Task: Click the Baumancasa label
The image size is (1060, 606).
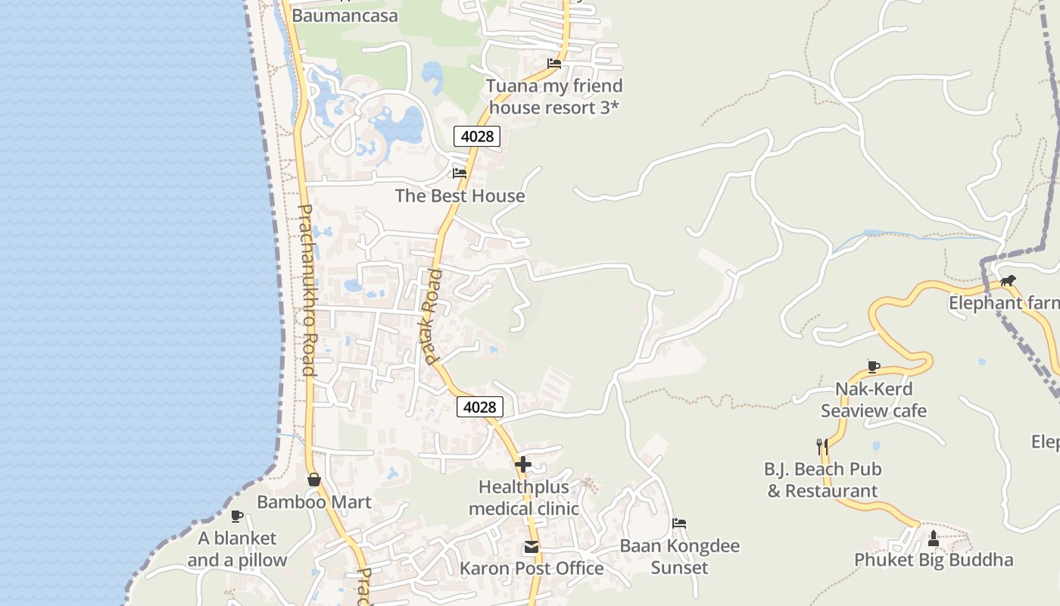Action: click(x=344, y=16)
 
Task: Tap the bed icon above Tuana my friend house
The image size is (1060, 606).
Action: click(x=554, y=64)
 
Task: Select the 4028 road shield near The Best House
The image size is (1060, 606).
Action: click(x=477, y=136)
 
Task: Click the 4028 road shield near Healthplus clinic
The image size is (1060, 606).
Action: click(x=480, y=407)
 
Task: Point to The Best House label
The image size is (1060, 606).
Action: click(x=460, y=196)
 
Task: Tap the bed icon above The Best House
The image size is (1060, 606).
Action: click(x=459, y=173)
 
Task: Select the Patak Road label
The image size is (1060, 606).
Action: click(x=429, y=316)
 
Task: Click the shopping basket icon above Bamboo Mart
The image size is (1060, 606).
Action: click(x=314, y=479)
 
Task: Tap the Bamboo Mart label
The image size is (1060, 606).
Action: click(x=314, y=502)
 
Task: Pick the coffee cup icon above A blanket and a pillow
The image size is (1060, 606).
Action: click(x=237, y=516)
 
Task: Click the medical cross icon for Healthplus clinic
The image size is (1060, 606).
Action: click(x=522, y=464)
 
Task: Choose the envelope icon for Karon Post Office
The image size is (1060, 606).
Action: click(x=532, y=546)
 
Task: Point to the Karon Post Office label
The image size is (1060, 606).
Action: click(x=532, y=569)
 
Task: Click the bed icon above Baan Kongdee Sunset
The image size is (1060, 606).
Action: click(x=679, y=523)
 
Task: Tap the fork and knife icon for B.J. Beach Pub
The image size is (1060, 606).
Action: click(x=822, y=446)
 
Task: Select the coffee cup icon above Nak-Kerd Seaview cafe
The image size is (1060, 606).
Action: click(x=873, y=367)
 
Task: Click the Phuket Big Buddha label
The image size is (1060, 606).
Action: click(x=934, y=561)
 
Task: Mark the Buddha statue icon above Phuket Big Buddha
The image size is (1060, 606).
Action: click(x=933, y=538)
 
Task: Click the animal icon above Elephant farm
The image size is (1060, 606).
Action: click(x=1007, y=281)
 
